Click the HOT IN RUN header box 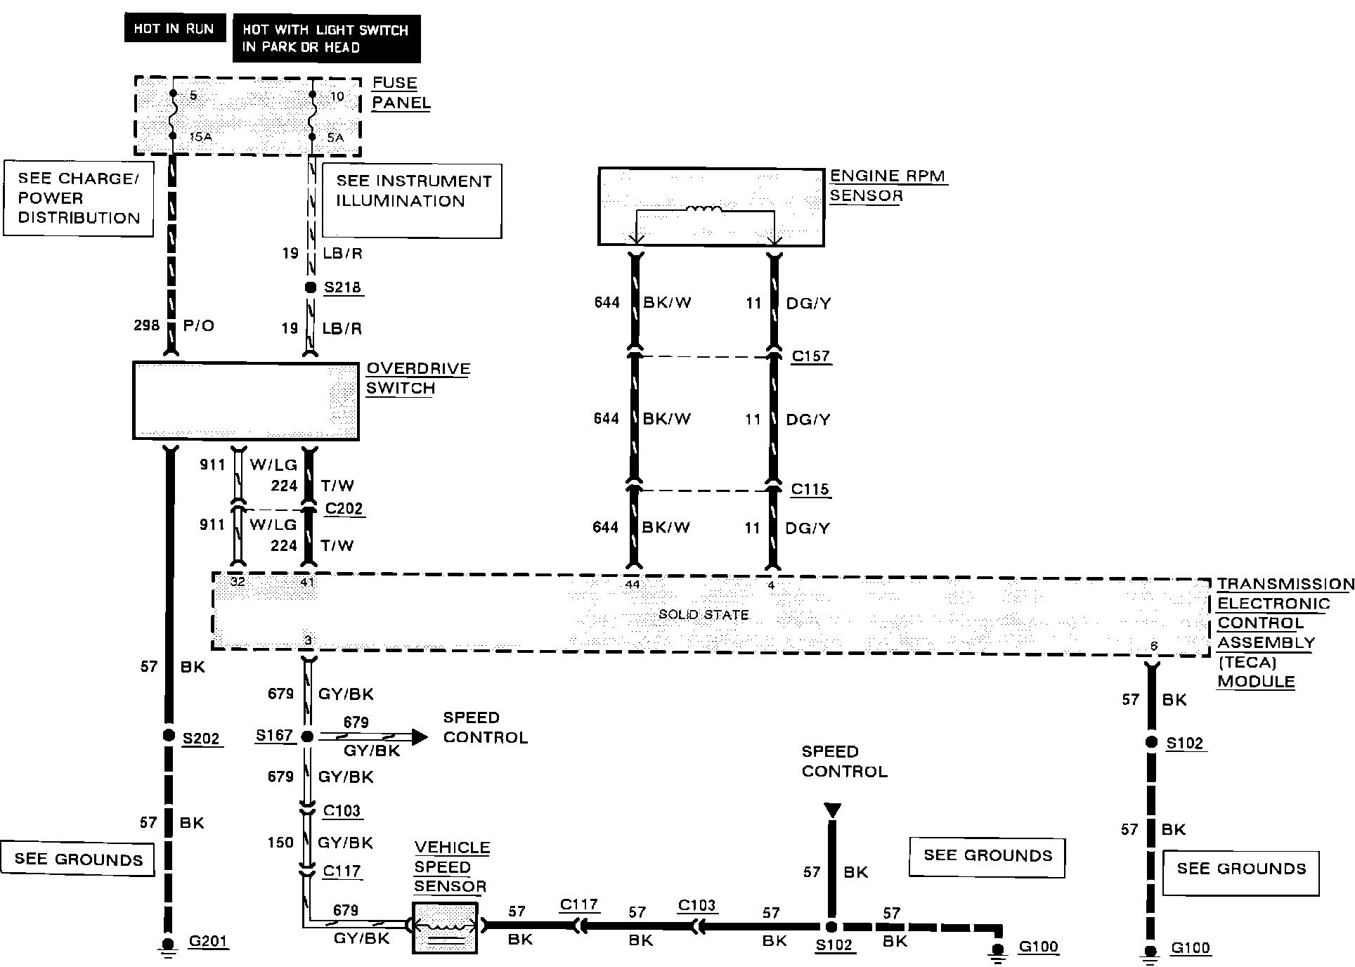tap(174, 29)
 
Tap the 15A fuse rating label tap(201, 137)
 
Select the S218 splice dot tap(309, 287)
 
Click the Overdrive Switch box tap(245, 401)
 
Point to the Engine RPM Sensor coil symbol tap(703, 209)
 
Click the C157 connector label tap(811, 356)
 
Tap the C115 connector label tap(810, 489)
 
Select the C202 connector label tap(344, 509)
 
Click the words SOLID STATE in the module tap(704, 615)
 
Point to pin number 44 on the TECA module tap(633, 584)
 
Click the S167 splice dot tap(307, 736)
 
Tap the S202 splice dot tap(169, 735)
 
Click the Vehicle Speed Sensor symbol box tap(444, 928)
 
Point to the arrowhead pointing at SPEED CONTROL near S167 tap(419, 736)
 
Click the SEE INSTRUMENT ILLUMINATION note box tap(412, 201)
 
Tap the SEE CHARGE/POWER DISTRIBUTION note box tap(79, 198)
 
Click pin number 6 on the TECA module tap(1153, 646)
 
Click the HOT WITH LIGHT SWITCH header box tap(326, 39)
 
